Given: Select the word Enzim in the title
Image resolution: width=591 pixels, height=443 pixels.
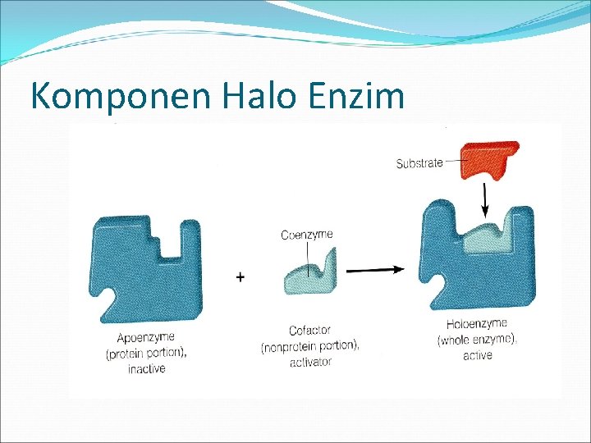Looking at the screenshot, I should (358, 95).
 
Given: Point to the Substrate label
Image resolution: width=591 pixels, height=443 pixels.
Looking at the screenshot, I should (419, 163).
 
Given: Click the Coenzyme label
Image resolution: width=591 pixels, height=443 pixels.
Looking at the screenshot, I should (308, 235).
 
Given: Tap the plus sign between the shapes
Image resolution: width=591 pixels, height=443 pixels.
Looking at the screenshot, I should (240, 278).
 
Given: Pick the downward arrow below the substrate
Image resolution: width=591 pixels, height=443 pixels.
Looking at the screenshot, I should (485, 197).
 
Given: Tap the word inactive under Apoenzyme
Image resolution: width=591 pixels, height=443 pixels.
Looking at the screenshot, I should (146, 369).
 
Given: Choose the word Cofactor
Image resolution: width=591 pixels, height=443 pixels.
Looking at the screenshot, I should (310, 331).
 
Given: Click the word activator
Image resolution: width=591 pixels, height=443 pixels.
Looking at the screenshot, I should (310, 362).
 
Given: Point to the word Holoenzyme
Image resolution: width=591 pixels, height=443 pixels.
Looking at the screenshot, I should (477, 324).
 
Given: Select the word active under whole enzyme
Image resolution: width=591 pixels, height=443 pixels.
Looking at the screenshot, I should (477, 355).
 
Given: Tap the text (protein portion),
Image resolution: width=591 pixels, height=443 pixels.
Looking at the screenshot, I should (146, 354).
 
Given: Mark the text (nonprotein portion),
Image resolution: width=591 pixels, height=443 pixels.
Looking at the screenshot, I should (310, 346).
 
